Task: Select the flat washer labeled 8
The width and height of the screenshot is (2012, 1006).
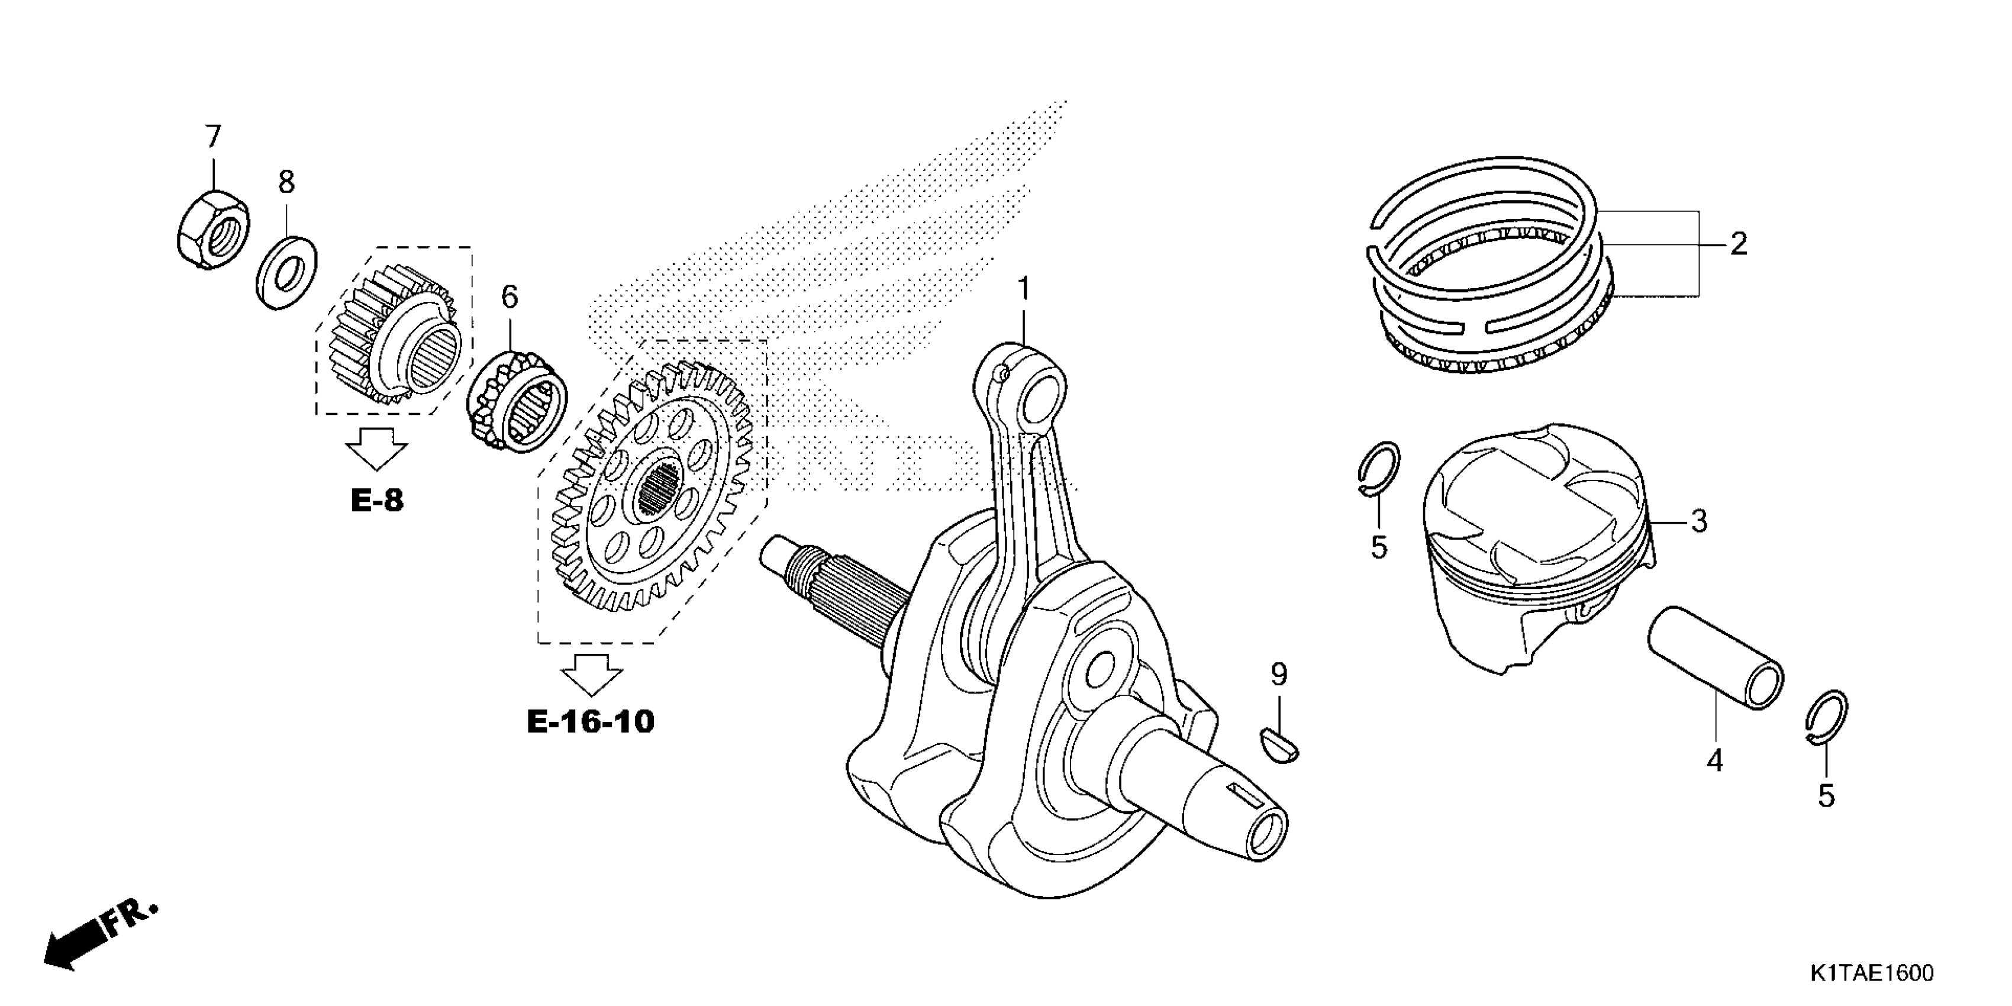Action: pos(286,271)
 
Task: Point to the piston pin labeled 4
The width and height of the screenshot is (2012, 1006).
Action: pos(1715,657)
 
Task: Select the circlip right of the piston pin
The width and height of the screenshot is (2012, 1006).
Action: pos(1828,718)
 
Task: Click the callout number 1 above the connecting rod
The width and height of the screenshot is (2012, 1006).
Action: pos(1023,290)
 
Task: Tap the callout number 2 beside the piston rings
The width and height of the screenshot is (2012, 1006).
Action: pos(1738,244)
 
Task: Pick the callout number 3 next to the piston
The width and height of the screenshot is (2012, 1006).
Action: pos(1700,521)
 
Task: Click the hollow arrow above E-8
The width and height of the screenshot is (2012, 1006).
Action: pos(376,449)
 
